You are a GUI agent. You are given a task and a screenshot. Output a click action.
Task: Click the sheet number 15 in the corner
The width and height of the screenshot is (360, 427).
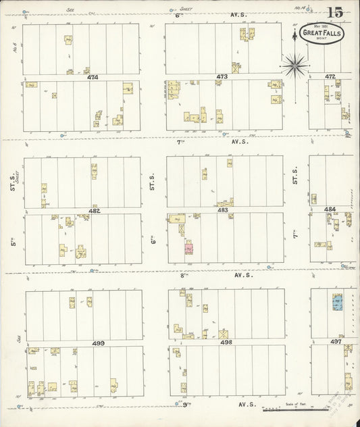(x=335, y=12)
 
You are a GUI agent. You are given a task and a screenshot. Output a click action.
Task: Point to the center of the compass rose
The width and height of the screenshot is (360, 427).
(x=294, y=65)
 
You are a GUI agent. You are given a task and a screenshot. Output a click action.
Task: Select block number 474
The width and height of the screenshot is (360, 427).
(x=93, y=77)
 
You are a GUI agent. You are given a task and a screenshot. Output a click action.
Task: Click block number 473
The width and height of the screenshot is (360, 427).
(x=222, y=77)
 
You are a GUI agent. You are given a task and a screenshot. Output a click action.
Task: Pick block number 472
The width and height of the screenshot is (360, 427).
(x=330, y=77)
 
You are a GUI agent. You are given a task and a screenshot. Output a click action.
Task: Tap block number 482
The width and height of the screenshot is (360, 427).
(x=94, y=211)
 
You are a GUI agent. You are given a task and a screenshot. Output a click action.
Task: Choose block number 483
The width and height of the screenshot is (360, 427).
(x=223, y=210)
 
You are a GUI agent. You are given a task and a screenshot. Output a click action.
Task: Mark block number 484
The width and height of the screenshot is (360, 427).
(x=330, y=209)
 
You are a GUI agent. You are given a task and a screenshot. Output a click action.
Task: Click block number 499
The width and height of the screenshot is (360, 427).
(x=99, y=343)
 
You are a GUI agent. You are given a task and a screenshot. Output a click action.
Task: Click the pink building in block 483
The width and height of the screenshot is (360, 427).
(x=190, y=249)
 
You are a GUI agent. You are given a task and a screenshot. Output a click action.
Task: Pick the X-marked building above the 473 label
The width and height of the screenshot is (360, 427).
(x=236, y=68)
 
